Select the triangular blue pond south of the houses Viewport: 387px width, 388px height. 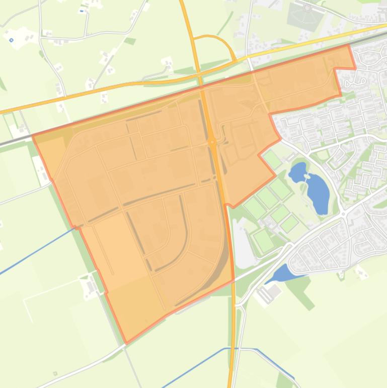click(283, 273)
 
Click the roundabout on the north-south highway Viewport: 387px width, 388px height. click(212, 142)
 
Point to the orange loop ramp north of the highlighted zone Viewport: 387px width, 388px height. click(216, 44)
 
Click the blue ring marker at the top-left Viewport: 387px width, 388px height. click(11, 39)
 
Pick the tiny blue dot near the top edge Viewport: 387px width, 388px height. click(82, 11)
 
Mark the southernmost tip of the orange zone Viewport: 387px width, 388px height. click(126, 343)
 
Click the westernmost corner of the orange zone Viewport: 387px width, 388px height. click(33, 135)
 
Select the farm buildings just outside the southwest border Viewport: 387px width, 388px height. click(90, 287)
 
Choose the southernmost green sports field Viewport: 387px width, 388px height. click(263, 240)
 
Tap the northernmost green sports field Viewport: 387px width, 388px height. click(272, 160)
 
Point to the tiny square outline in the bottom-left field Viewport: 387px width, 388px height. click(55, 374)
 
